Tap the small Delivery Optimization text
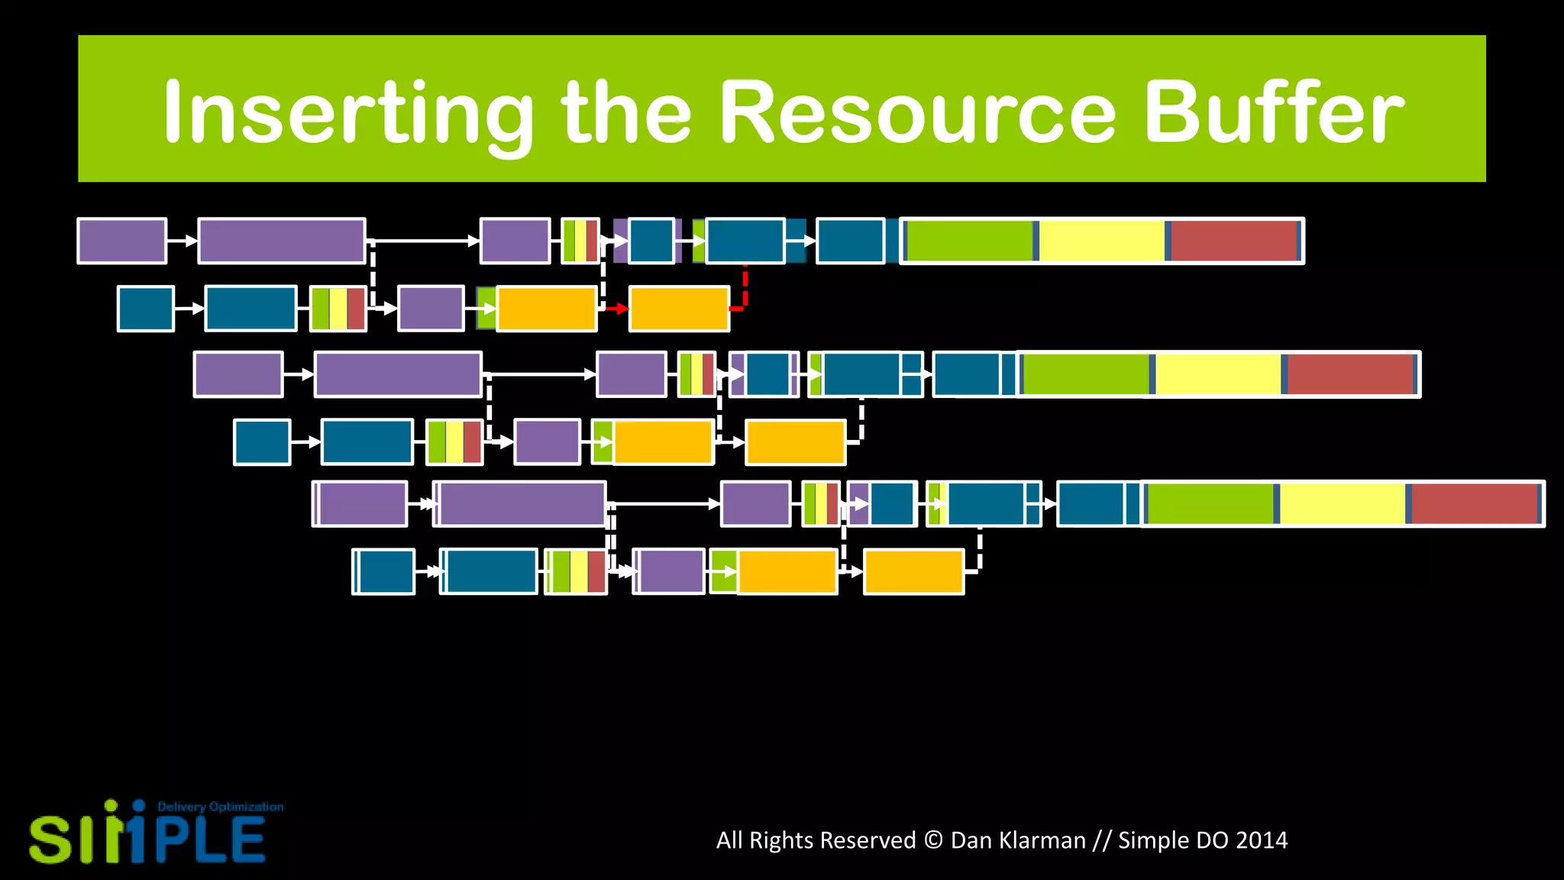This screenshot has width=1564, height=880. coord(220,807)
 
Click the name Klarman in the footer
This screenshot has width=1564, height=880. coord(1018,840)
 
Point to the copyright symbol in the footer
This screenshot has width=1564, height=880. coord(933,840)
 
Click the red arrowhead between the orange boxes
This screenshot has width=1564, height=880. coord(622,309)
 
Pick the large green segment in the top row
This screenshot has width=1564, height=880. coord(969,241)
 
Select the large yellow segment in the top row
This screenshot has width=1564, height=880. coord(1102,241)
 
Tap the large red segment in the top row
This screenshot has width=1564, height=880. coord(1233,241)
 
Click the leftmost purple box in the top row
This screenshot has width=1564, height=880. coord(122,241)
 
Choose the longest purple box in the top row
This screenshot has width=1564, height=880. coord(282,241)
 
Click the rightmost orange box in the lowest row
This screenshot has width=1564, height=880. coord(914,571)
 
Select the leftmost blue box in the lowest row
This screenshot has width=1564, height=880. coord(384,571)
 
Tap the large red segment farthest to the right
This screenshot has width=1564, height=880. coord(1474,503)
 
